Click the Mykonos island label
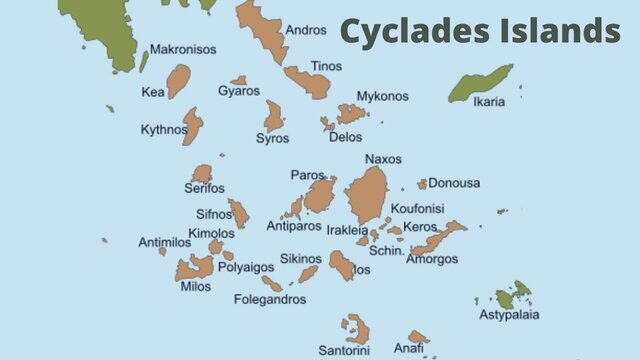[382, 96]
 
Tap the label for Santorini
[344, 350]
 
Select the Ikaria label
[488, 101]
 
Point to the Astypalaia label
[508, 315]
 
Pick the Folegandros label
[270, 299]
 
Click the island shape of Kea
[178, 80]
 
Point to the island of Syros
[273, 115]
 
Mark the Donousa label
[454, 183]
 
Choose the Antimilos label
[163, 242]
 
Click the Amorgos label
[433, 259]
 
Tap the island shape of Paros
[320, 195]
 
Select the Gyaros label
[239, 91]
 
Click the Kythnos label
[164, 129]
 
